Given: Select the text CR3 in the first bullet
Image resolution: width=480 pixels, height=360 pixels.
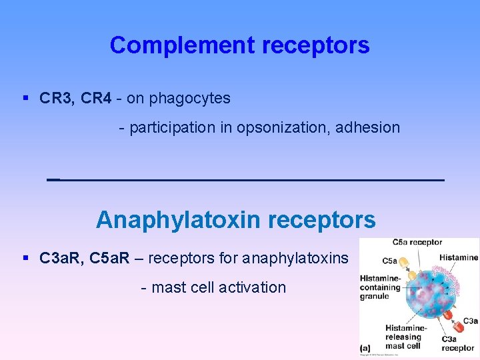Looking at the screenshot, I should click(x=56, y=99).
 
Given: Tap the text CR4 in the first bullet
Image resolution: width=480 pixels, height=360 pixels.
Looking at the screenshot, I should click(x=95, y=99).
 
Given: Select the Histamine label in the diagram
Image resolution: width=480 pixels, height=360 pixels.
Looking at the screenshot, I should click(x=459, y=257).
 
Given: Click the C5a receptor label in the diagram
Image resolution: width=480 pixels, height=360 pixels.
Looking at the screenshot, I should click(x=417, y=242).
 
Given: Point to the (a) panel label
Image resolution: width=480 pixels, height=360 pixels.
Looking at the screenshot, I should click(x=365, y=348).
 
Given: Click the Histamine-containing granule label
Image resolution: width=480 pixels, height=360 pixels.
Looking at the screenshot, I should click(x=380, y=287).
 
